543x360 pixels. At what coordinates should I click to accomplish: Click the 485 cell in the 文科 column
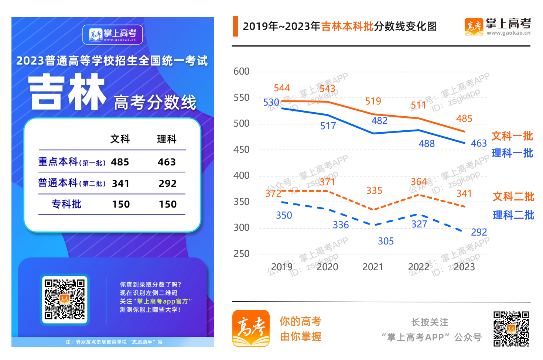click(120, 162)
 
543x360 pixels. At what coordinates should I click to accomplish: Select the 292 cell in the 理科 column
click(168, 184)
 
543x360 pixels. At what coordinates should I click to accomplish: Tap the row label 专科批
click(66, 204)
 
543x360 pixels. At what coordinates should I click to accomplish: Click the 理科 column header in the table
click(167, 139)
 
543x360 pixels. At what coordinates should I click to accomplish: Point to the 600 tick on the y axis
click(242, 71)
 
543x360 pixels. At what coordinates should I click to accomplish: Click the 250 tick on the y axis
click(242, 254)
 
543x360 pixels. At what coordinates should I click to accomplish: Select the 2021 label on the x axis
click(373, 267)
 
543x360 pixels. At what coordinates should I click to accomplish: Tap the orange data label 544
click(282, 88)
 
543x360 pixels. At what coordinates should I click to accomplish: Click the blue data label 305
click(386, 241)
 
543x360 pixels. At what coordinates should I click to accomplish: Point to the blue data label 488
click(427, 144)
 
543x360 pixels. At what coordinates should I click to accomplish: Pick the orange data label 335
click(374, 191)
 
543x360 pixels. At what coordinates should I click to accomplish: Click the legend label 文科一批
click(512, 136)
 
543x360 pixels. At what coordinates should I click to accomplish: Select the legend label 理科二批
click(513, 215)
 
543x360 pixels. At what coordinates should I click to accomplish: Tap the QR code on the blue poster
click(65, 299)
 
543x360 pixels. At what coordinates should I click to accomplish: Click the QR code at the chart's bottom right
click(511, 329)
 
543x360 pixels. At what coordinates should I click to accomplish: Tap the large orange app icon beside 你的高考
click(251, 328)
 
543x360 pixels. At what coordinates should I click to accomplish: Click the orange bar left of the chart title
click(235, 26)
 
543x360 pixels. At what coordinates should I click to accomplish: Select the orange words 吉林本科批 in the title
click(347, 27)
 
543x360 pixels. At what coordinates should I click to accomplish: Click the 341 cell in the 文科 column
click(121, 184)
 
